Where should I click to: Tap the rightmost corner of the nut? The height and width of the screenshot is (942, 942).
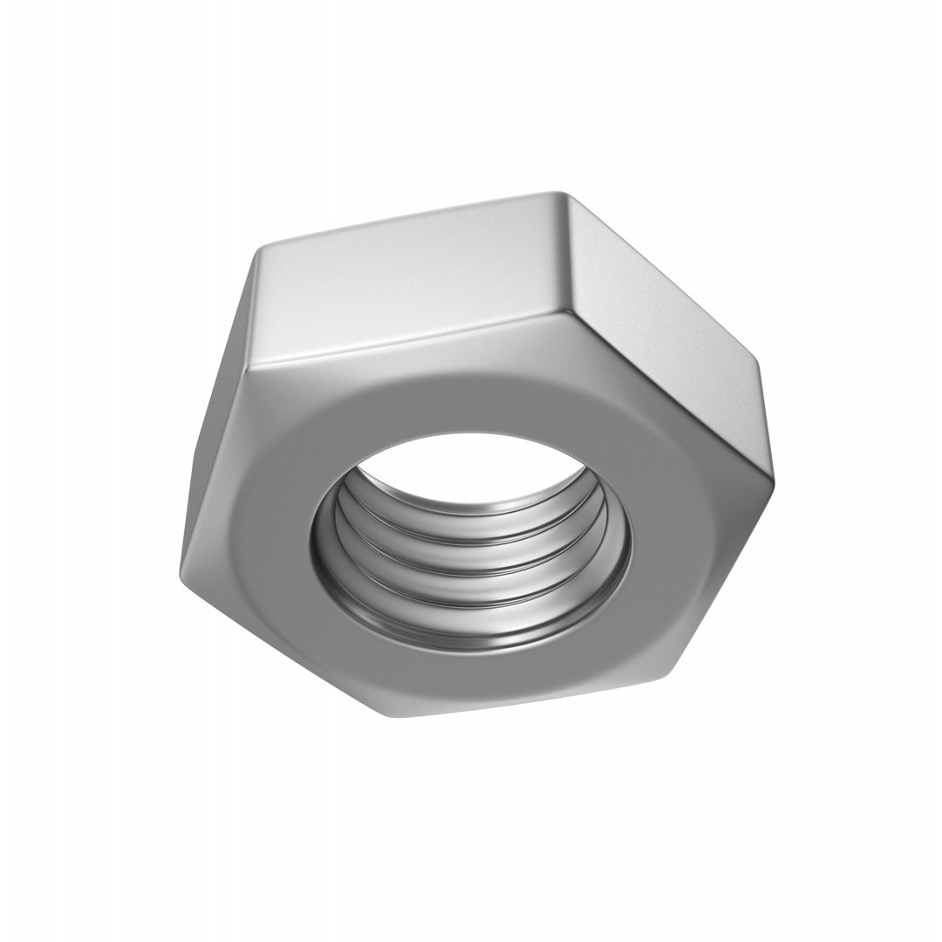pyautogui.click(x=771, y=480)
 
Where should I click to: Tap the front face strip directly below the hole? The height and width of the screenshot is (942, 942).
pyautogui.click(x=488, y=680)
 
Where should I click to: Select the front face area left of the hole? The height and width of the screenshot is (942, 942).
pyautogui.click(x=262, y=541)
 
